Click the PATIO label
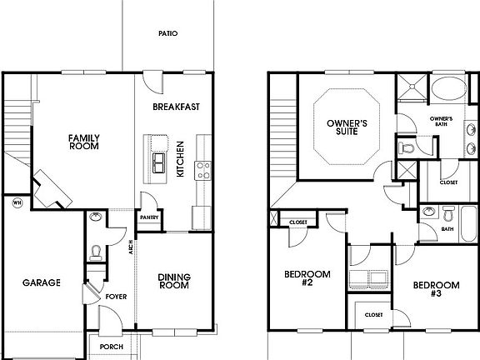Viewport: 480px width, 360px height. pyautogui.click(x=167, y=34)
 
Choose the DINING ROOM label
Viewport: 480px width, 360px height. pyautogui.click(x=173, y=280)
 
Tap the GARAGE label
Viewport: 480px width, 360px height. pyautogui.click(x=41, y=282)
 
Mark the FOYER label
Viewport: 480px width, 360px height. pyautogui.click(x=116, y=295)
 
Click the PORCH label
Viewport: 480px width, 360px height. pyautogui.click(x=111, y=347)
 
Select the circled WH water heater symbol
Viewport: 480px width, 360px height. pyautogui.click(x=17, y=201)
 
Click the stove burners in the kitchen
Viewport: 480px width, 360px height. pyautogui.click(x=202, y=171)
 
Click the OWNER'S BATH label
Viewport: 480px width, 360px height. pyautogui.click(x=441, y=123)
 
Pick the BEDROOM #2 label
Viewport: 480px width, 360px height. pyautogui.click(x=306, y=279)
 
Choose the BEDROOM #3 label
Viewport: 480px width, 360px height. pyautogui.click(x=435, y=290)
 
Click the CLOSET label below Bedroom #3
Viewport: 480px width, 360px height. pyautogui.click(x=372, y=315)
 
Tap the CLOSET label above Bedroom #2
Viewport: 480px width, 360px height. pyautogui.click(x=298, y=222)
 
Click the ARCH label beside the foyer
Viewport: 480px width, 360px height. pyautogui.click(x=131, y=247)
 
